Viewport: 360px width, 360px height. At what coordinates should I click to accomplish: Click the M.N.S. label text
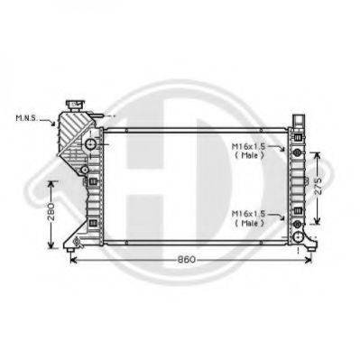[x=25, y=118]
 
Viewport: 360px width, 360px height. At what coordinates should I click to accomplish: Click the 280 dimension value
[x=51, y=212]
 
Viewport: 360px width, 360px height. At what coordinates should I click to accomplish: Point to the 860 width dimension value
[x=185, y=259]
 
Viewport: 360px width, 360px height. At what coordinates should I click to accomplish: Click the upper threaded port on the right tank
[x=297, y=148]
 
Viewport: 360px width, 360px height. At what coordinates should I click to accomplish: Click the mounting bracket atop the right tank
[x=300, y=120]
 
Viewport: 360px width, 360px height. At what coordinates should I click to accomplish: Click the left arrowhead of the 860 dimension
[x=74, y=259]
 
